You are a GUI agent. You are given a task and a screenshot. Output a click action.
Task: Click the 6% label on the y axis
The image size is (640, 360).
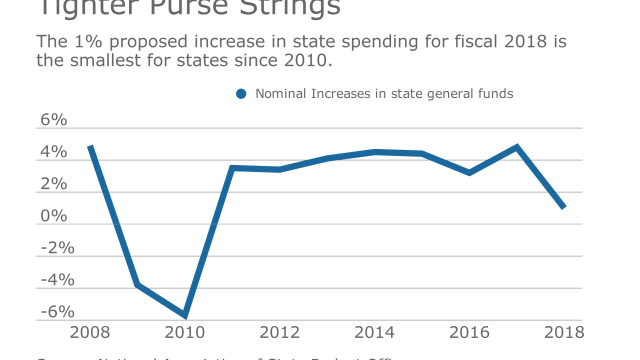53,120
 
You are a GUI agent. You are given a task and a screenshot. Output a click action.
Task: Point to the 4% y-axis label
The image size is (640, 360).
53,152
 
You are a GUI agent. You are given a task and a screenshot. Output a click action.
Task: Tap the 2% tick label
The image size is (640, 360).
53,184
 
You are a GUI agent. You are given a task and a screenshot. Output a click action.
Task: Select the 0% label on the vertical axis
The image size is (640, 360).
53,216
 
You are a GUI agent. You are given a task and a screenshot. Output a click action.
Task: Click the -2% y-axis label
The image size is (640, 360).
57,248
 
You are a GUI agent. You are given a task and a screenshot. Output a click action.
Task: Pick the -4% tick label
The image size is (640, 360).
57,280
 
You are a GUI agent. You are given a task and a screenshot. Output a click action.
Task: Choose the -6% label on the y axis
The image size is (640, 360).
57,312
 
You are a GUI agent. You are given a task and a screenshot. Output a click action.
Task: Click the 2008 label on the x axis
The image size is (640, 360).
90,332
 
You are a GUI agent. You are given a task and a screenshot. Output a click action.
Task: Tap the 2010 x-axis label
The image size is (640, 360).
185,332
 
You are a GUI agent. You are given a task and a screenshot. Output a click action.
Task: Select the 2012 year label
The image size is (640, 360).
280,332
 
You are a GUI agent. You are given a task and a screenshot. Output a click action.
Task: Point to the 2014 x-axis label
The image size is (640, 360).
374,332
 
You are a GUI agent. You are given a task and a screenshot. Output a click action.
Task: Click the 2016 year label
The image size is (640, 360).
469,332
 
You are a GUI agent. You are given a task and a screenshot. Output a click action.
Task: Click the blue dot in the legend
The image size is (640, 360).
241,94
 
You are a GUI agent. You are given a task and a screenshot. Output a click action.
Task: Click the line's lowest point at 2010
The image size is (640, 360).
185,315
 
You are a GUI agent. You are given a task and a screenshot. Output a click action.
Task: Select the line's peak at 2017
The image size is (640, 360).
516,147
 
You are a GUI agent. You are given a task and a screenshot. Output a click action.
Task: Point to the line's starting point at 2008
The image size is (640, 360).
90,146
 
